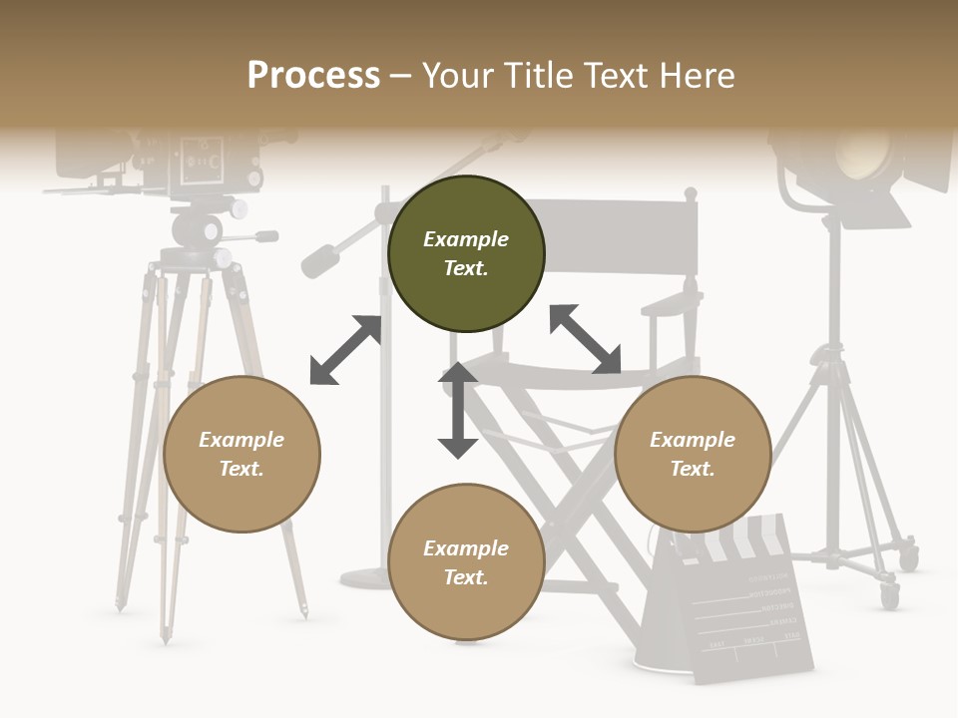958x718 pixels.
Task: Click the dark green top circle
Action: coord(466,254)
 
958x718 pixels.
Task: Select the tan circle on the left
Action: coord(241,455)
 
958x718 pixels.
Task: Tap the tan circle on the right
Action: coord(693,455)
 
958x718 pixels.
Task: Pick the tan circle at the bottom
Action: coord(466,563)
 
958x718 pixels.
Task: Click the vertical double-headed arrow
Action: coord(458,410)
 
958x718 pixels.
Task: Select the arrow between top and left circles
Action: coord(346,349)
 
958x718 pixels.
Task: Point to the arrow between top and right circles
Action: coord(585,339)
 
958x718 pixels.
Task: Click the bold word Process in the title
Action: coord(313,76)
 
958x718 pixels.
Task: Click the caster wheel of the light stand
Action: coord(889,595)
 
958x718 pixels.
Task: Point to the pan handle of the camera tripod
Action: coord(254,236)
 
